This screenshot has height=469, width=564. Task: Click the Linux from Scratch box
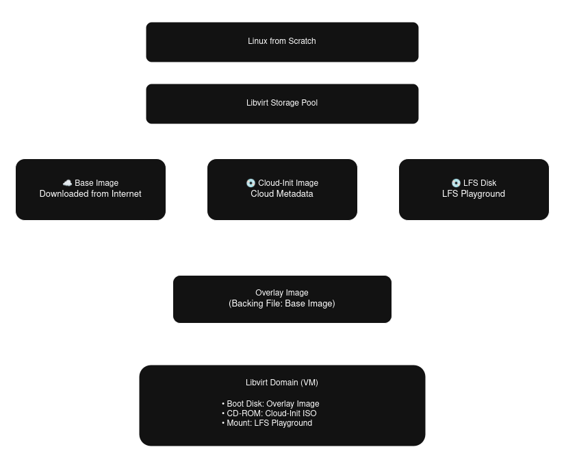tap(282, 42)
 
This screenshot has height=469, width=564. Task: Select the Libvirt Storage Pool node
tap(282, 104)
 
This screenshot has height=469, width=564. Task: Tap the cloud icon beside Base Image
tap(67, 183)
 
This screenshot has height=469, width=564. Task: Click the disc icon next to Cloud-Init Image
tap(251, 183)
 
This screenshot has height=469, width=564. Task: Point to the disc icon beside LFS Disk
tap(456, 183)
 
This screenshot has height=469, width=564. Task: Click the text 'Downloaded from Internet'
tap(90, 194)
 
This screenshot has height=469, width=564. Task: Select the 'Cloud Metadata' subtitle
tap(282, 194)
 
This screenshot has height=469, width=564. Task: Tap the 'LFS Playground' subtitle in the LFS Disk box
tap(474, 194)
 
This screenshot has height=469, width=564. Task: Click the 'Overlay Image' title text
tap(282, 293)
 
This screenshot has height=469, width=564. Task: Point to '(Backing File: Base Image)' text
tap(282, 303)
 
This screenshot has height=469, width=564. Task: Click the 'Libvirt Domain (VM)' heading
tap(282, 383)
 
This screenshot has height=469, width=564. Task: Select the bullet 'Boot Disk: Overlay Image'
tap(272, 404)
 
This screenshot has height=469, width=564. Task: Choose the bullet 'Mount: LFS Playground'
tap(268, 423)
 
